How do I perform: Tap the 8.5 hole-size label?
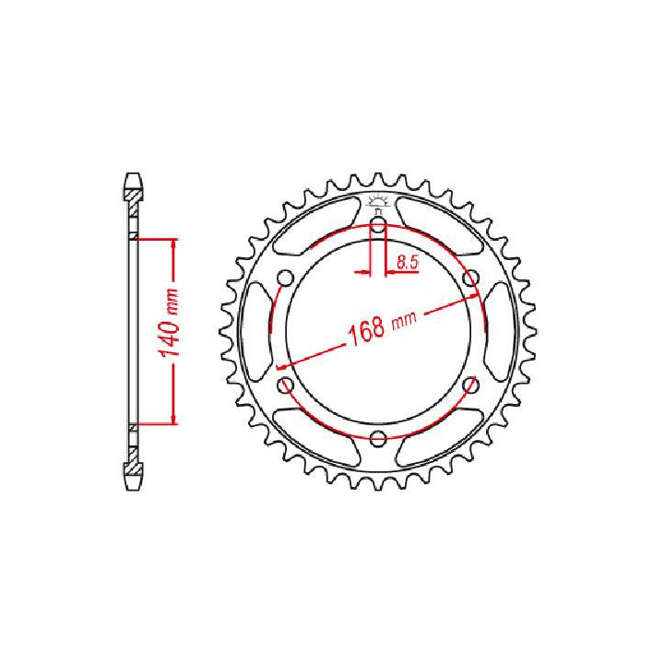coord(408,263)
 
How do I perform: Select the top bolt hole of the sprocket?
coord(378,225)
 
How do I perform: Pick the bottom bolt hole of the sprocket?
coord(378,438)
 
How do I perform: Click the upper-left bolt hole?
coord(285,279)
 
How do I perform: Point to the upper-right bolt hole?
coord(470,279)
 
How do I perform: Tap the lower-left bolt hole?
coord(285,385)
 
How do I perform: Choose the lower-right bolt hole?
coord(470,385)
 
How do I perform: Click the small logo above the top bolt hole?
coord(378,204)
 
